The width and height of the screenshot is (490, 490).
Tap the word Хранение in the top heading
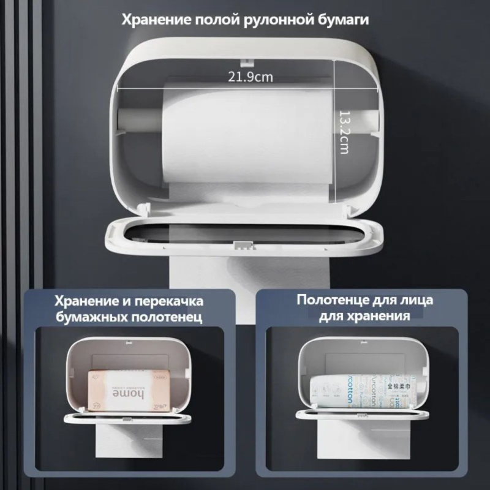157,20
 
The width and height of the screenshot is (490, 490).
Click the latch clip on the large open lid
243,245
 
